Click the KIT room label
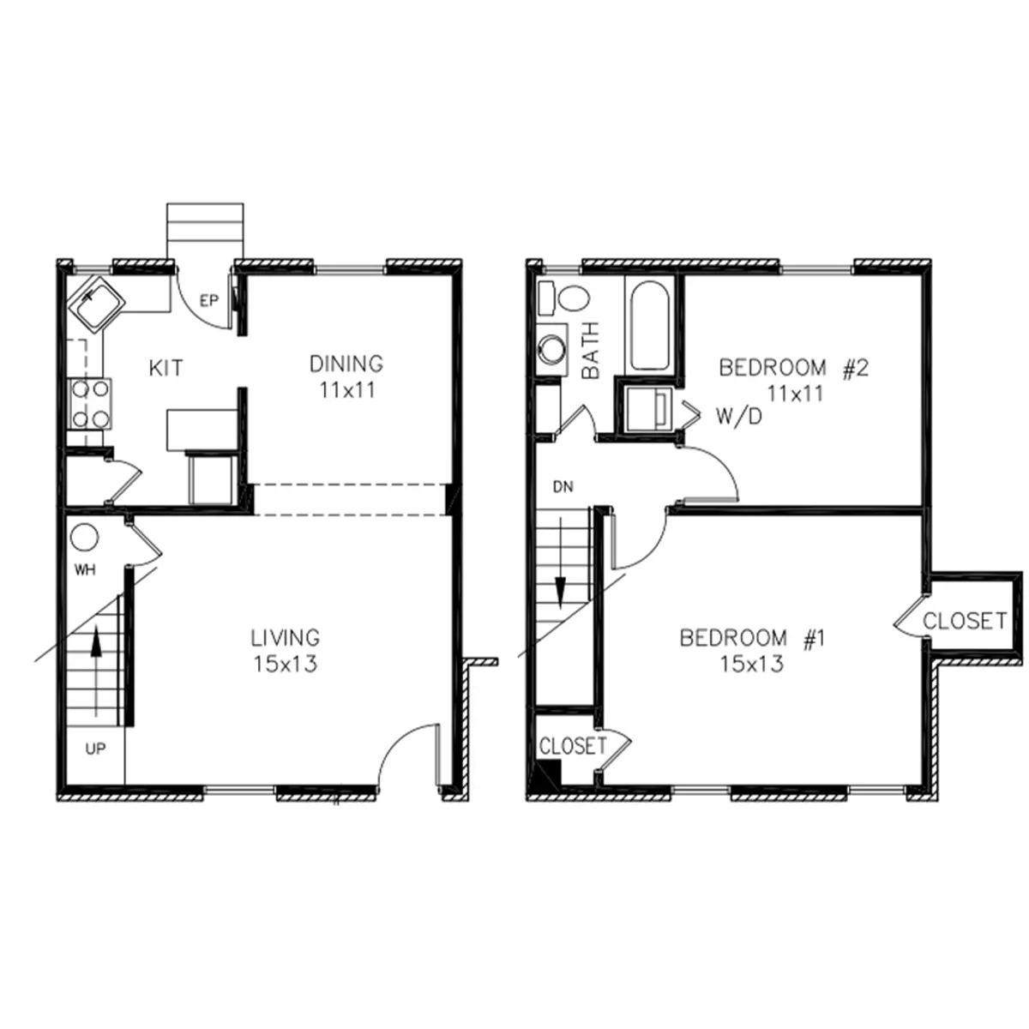click(165, 368)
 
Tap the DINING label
click(346, 364)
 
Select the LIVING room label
click(286, 637)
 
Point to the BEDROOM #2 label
click(793, 368)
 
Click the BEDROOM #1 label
click(752, 638)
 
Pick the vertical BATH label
click(591, 351)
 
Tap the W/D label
click(739, 417)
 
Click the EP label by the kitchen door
click(209, 301)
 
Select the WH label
click(85, 569)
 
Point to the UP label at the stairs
click(95, 749)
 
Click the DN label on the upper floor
click(563, 486)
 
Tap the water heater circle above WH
click(85, 538)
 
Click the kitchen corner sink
click(96, 304)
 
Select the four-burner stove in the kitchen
click(90, 404)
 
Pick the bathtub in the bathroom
click(649, 326)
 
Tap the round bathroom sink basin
click(551, 349)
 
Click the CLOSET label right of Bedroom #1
click(965, 621)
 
